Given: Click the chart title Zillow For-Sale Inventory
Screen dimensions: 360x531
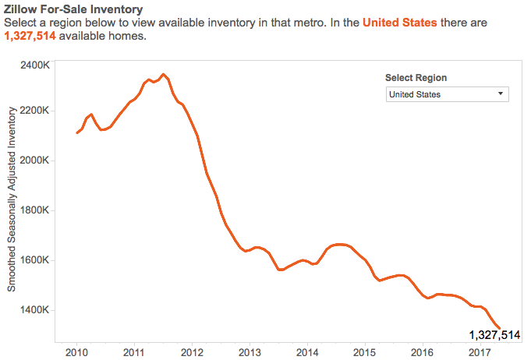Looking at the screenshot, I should coord(73,9).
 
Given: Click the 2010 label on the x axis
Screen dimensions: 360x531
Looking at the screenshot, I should coord(77,351).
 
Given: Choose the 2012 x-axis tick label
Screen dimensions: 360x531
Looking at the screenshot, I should coord(192,351).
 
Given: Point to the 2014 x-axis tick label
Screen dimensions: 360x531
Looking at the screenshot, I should coord(307,351).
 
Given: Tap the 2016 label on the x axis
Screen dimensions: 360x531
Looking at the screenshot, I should coord(423,351).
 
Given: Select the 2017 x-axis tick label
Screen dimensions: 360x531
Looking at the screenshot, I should coord(480,351).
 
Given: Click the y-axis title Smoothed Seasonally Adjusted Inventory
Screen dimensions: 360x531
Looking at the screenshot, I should coord(12,200).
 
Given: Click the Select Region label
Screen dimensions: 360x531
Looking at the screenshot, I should coord(416,78).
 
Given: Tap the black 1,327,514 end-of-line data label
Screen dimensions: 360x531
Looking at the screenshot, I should coord(494,335).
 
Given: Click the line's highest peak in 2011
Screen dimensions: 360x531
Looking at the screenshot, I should coord(163,75).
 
